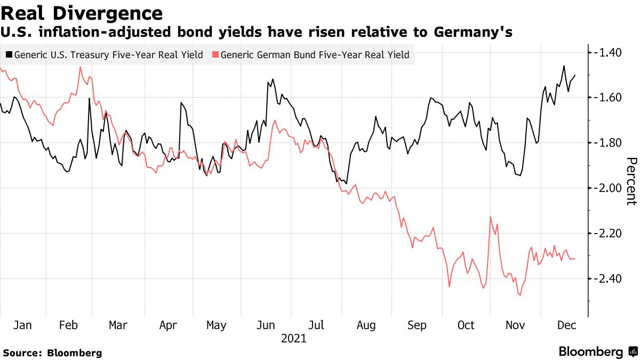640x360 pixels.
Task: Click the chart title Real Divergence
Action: (82, 13)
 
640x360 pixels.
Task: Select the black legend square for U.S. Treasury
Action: (9, 54)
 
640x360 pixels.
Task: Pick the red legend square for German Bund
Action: (215, 54)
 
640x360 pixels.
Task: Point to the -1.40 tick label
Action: (609, 52)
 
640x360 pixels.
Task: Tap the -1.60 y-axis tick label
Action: (609, 98)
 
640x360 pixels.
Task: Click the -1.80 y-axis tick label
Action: (609, 143)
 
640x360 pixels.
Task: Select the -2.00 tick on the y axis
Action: (609, 188)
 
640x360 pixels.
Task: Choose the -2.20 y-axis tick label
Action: (609, 234)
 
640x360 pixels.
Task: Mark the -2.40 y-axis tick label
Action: (609, 279)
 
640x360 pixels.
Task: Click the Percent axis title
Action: (631, 181)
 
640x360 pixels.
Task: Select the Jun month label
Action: (266, 325)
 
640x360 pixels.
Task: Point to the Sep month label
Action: (416, 325)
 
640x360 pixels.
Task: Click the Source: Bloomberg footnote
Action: (52, 353)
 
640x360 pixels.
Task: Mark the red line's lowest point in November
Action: (520, 295)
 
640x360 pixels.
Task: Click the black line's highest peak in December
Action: (564, 66)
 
